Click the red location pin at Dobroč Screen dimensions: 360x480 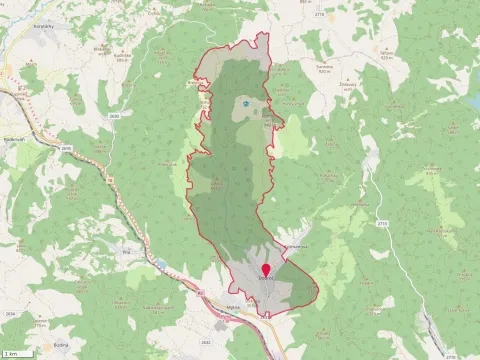(267, 270)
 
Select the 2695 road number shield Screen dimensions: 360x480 (66, 149)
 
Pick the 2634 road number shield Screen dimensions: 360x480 (11, 312)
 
